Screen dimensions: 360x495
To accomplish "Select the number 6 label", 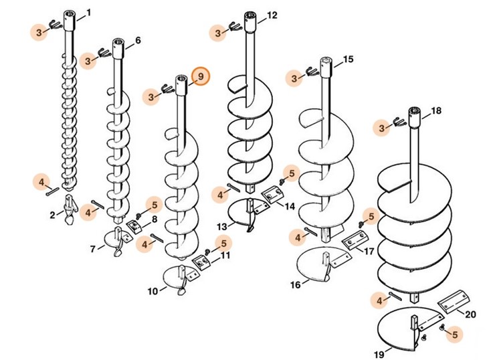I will coord(138,40).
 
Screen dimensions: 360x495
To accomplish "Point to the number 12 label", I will coord(272,15).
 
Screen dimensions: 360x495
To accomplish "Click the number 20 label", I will coord(470,314).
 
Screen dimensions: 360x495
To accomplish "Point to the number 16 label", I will coord(295,284).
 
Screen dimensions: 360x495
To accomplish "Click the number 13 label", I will coord(221,228).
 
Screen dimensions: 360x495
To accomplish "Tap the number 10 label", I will coord(153,291).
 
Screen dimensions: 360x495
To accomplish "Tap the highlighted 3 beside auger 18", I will coord(383,127).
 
